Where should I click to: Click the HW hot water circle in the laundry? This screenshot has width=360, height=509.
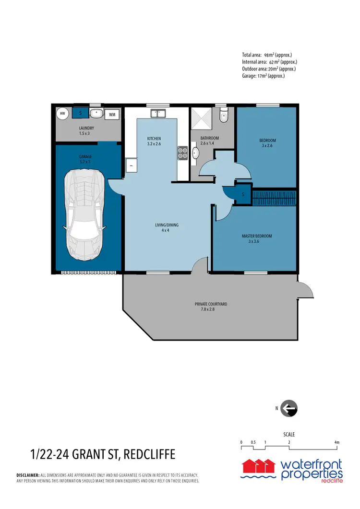click(62, 114)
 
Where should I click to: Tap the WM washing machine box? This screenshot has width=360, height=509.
click(111, 115)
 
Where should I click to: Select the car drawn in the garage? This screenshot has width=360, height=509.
click(86, 213)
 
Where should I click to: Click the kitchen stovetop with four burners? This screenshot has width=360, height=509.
click(183, 153)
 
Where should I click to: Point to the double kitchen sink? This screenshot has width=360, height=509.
click(158, 114)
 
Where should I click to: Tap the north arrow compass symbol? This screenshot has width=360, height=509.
click(289, 409)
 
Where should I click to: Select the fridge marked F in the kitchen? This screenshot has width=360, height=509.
click(131, 166)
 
